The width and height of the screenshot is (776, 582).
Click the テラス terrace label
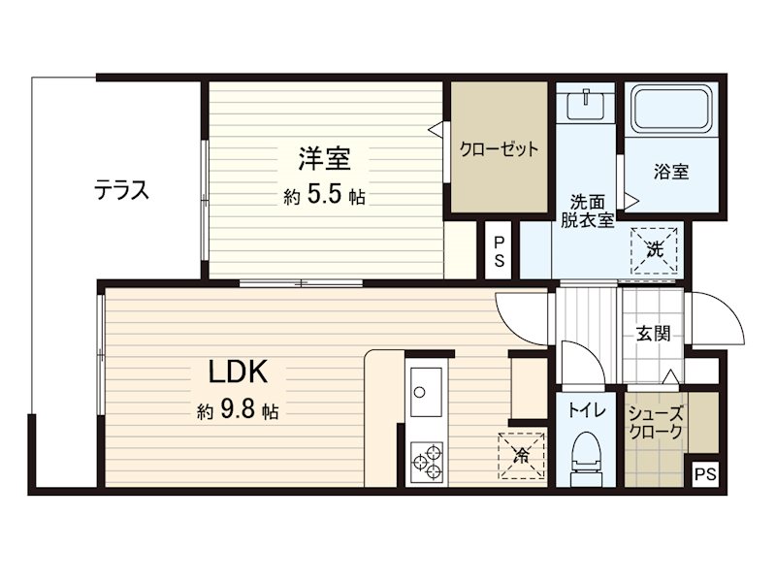pos(121,189)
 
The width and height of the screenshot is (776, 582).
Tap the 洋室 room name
pos(324,156)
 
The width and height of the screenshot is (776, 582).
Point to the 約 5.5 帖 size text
pos(324,196)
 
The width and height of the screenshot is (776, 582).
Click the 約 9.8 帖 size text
pos(238,411)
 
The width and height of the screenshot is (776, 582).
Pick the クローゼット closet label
pos(498,149)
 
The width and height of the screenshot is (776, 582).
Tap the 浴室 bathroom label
pos(670,173)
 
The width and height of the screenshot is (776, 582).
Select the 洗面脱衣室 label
pos(588,210)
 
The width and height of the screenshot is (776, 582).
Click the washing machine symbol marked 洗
pos(654,247)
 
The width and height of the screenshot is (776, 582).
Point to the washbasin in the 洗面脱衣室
pos(587,103)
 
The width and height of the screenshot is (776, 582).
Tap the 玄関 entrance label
pos(652,335)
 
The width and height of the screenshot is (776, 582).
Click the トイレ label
pos(587,411)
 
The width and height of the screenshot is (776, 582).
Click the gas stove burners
pos(426,462)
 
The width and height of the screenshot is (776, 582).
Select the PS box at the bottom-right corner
pos(705,475)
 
